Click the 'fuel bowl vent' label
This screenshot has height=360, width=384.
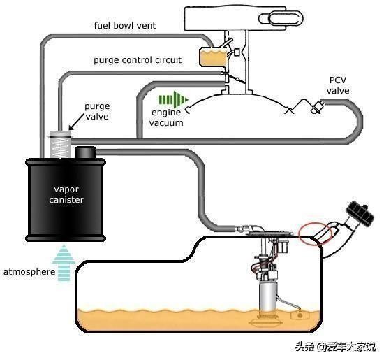(x=125, y=25)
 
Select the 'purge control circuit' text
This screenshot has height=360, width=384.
(x=138, y=60)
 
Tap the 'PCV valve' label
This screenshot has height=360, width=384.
(x=338, y=85)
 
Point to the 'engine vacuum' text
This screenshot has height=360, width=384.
(x=166, y=117)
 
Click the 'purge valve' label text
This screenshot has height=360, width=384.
(x=97, y=111)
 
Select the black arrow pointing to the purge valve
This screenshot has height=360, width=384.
(x=77, y=121)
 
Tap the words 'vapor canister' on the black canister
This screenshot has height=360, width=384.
(x=66, y=194)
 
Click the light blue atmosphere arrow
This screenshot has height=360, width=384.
(x=64, y=263)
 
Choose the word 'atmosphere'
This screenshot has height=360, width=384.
(x=29, y=272)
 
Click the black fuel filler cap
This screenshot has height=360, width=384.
(x=360, y=213)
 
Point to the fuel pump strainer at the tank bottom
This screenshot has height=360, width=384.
(x=266, y=322)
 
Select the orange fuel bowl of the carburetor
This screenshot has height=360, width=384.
(x=214, y=57)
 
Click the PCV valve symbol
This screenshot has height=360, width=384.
(x=317, y=107)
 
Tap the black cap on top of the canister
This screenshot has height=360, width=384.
(x=85, y=152)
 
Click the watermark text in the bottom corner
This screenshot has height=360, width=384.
(x=335, y=347)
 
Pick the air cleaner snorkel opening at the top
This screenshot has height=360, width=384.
(x=281, y=19)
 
